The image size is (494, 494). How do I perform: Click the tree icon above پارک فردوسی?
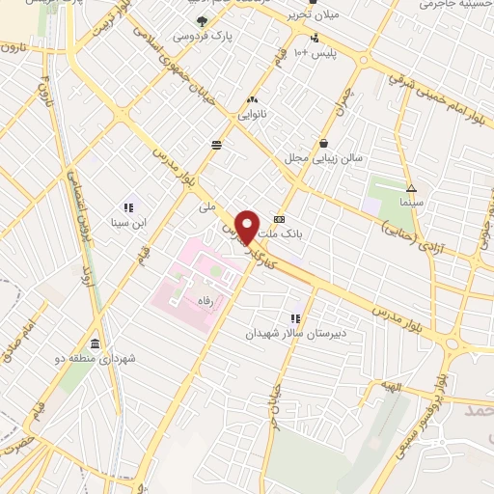[202, 19]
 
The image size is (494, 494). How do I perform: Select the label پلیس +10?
[317, 51]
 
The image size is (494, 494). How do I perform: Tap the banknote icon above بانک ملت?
[280, 219]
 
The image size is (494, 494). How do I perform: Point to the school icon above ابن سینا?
[127, 206]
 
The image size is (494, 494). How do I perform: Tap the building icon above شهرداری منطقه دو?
[95, 343]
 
